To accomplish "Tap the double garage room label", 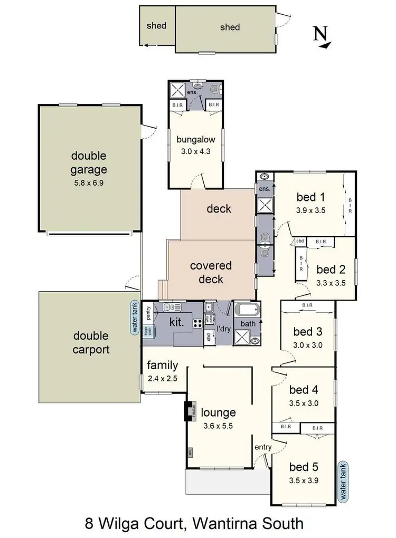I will pyautogui.click(x=89, y=162).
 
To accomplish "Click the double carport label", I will pyautogui.click(x=91, y=342).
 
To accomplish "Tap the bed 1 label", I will pyautogui.click(x=310, y=197).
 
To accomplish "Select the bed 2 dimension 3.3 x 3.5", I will pyautogui.click(x=331, y=282).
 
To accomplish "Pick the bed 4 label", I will pyautogui.click(x=304, y=390).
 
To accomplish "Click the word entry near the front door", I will pyautogui.click(x=262, y=447).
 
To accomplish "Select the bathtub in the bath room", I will pyautogui.click(x=247, y=311).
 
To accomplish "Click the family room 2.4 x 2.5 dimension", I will pyautogui.click(x=162, y=378).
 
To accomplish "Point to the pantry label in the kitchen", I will pyautogui.click(x=148, y=310).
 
